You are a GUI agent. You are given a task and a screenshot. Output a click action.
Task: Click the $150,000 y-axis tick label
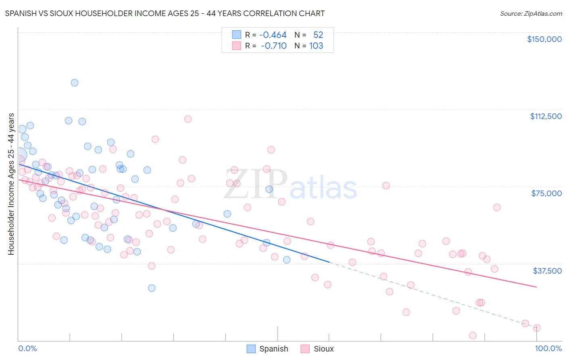tap(544, 39)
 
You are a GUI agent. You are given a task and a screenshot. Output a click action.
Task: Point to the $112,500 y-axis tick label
tap(546, 116)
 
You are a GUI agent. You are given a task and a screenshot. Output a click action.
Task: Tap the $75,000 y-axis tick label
tap(546, 193)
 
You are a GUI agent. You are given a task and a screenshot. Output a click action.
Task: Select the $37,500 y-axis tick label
tap(547, 271)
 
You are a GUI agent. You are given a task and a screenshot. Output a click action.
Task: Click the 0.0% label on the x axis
tap(27, 348)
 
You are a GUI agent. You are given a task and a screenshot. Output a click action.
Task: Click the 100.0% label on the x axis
tap(548, 348)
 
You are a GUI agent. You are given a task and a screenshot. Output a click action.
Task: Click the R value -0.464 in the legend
tap(273, 35)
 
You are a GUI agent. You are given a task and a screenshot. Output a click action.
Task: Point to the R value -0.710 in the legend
tap(273, 46)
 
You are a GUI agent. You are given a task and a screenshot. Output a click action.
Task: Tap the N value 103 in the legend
tap(316, 46)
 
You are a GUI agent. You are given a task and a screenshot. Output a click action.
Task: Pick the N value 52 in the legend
tap(318, 35)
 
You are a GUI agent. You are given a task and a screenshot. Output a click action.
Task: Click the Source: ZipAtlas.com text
tap(531, 14)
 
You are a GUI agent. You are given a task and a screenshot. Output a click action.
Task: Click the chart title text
tap(165, 13)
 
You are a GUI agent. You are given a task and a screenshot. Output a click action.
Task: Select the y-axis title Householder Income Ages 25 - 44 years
tap(11, 184)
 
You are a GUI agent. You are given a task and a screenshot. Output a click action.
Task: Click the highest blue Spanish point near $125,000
tap(75, 83)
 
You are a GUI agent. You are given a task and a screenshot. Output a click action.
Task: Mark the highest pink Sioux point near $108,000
tap(188, 119)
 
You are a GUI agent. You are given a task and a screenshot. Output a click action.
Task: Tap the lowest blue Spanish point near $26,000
tap(152, 288)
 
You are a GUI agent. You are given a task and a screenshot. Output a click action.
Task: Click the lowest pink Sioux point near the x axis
tap(473, 335)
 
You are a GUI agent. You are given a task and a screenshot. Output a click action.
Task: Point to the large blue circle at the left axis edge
tap(19, 155)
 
